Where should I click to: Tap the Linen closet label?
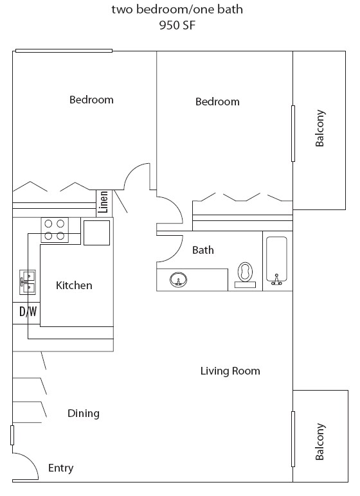click(103, 203)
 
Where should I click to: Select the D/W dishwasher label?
click(28, 312)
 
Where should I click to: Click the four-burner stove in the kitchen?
click(55, 230)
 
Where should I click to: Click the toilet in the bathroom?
click(245, 274)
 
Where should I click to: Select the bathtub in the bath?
click(278, 261)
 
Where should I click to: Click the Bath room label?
click(203, 250)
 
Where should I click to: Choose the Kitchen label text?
click(74, 285)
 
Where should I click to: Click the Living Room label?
click(230, 371)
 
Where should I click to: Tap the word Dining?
click(84, 413)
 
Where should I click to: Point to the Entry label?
click(61, 468)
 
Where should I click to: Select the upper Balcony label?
click(320, 129)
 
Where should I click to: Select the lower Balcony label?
click(320, 442)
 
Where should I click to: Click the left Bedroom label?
click(91, 100)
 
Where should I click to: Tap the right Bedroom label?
click(217, 102)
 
